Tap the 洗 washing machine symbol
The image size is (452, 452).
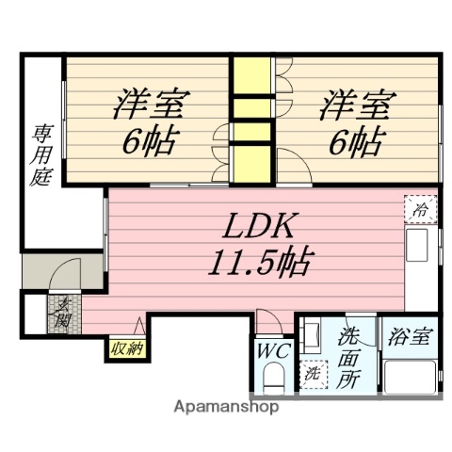click(314, 373)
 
